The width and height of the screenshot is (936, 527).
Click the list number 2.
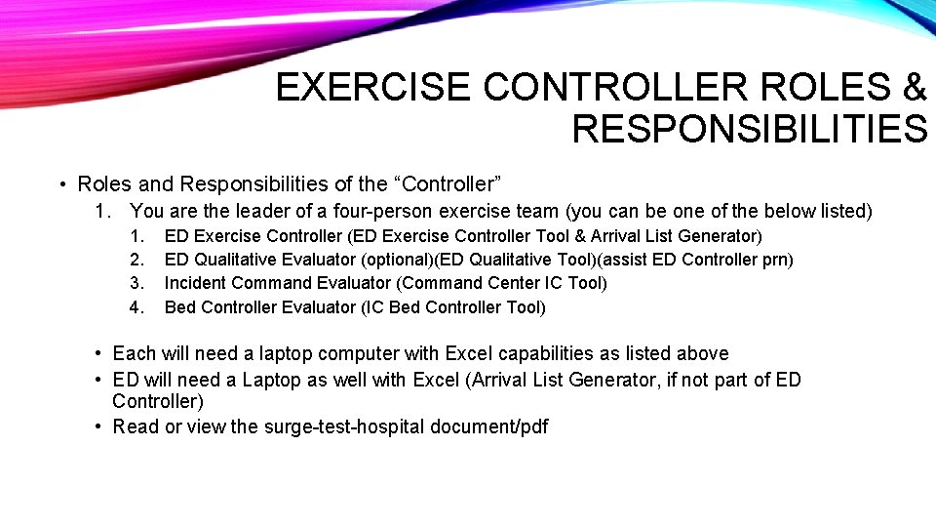(x=137, y=260)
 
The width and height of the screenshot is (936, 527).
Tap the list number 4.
(x=137, y=307)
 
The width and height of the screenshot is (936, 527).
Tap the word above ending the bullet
(x=702, y=353)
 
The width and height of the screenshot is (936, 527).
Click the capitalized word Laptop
(x=274, y=380)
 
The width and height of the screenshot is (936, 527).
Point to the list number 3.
(x=137, y=283)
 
